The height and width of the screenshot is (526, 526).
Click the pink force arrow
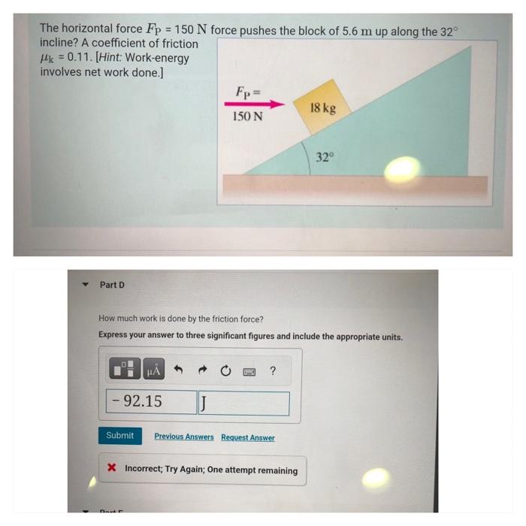point(255,106)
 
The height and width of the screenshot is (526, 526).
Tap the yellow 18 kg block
point(322,107)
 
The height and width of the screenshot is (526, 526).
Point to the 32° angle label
point(324,157)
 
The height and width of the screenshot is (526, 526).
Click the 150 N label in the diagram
point(247,117)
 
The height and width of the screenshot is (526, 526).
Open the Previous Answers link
point(184,437)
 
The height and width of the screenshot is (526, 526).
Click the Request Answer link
point(247,437)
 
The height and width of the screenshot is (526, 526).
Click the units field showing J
point(243,404)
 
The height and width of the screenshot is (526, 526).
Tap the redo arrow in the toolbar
point(203,369)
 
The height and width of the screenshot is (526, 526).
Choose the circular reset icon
point(225,369)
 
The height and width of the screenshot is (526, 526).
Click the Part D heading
point(113,285)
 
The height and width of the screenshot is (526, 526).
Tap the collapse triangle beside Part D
point(86,285)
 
